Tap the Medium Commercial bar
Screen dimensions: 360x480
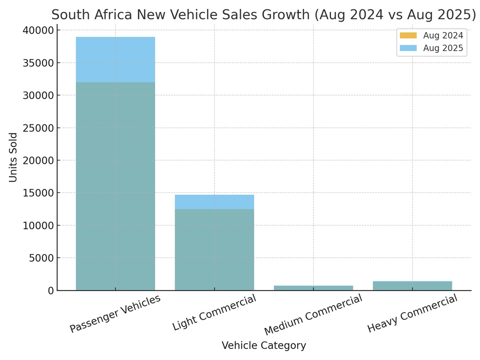pos(313,288)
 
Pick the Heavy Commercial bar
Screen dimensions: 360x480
pos(412,286)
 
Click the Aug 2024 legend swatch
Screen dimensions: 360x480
pos(408,36)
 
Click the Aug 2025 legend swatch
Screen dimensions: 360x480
pos(408,48)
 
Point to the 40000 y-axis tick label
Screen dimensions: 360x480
pos(38,30)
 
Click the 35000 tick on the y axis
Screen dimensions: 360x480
pos(38,63)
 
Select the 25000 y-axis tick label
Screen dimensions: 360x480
pos(38,128)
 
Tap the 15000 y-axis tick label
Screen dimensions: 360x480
pos(38,193)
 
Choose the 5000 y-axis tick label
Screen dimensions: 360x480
pos(41,258)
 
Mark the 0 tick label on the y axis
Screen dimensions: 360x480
pos(50,291)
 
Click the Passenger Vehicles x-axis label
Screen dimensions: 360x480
pos(115,314)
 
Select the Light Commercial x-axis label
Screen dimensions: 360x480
pos(214,312)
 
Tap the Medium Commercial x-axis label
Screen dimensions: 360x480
pos(313,315)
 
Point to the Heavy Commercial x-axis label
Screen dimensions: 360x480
pos(412,313)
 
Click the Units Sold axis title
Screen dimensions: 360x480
pos(13,157)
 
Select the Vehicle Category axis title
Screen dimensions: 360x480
pos(264,346)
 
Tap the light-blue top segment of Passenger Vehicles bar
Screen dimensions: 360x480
pos(115,59)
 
